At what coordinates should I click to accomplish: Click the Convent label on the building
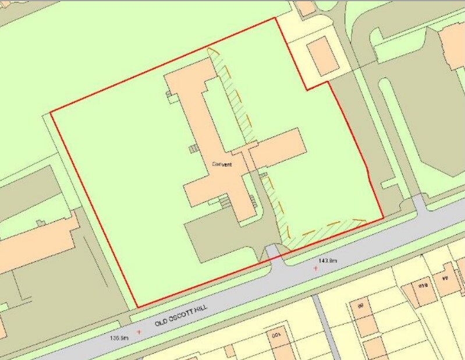(x=221, y=165)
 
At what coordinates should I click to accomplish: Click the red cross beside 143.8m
(x=315, y=268)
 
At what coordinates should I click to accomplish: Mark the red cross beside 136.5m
(x=139, y=331)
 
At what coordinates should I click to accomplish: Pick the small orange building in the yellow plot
(x=322, y=56)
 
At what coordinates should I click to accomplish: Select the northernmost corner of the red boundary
(x=274, y=18)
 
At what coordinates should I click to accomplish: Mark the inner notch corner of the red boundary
(x=307, y=89)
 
